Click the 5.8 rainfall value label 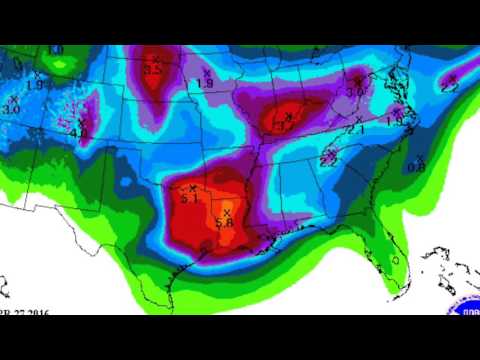(x=224, y=223)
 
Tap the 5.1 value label (x=190, y=199)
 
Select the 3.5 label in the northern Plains (x=152, y=70)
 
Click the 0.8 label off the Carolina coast (x=415, y=167)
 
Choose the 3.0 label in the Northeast (x=354, y=91)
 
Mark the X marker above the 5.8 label (x=228, y=212)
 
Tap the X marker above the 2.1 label (x=358, y=119)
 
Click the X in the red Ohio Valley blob (x=288, y=117)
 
